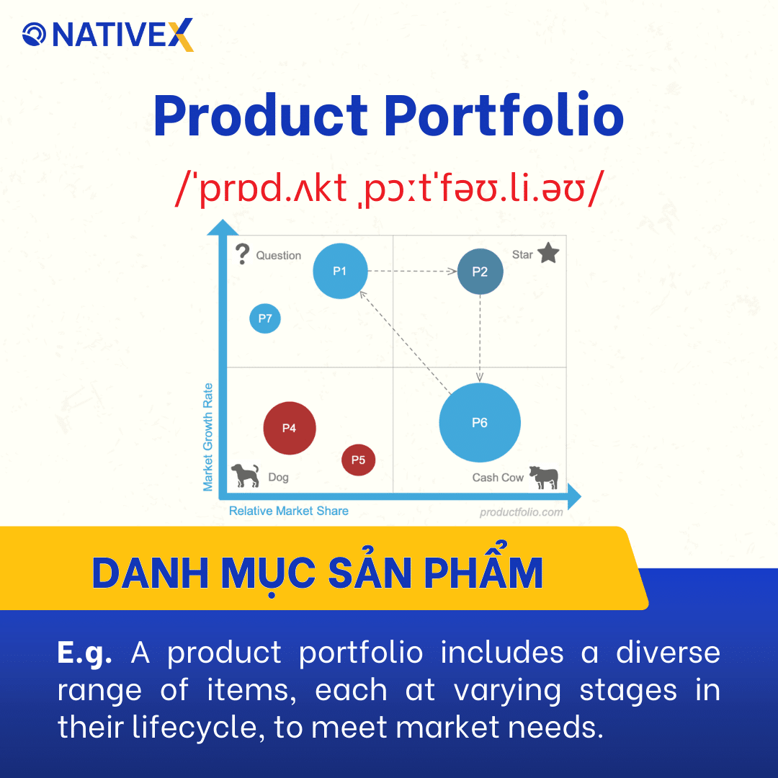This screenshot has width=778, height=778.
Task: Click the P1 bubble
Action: (340, 271)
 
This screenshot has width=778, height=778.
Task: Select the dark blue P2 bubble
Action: (480, 272)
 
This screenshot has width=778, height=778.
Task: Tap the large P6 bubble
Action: (480, 423)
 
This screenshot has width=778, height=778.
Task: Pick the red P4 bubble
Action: (290, 428)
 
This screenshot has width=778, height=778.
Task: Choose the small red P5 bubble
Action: (358, 460)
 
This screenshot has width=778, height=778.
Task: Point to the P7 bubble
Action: (265, 318)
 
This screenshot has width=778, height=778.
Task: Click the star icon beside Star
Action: (548, 254)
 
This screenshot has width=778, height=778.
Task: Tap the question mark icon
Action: (243, 254)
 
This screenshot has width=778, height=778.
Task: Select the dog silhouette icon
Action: (245, 475)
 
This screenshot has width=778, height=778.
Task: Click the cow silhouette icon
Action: (544, 477)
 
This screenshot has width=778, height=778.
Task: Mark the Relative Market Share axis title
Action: (288, 511)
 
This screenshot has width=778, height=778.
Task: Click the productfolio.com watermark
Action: (521, 512)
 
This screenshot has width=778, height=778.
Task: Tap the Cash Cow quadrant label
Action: (498, 478)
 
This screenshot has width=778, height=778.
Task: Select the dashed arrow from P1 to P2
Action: (413, 272)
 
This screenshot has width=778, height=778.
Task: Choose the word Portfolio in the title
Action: (504, 117)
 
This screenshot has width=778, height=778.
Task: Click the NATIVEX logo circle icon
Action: (35, 34)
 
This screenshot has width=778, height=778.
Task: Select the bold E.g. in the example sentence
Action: (84, 653)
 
